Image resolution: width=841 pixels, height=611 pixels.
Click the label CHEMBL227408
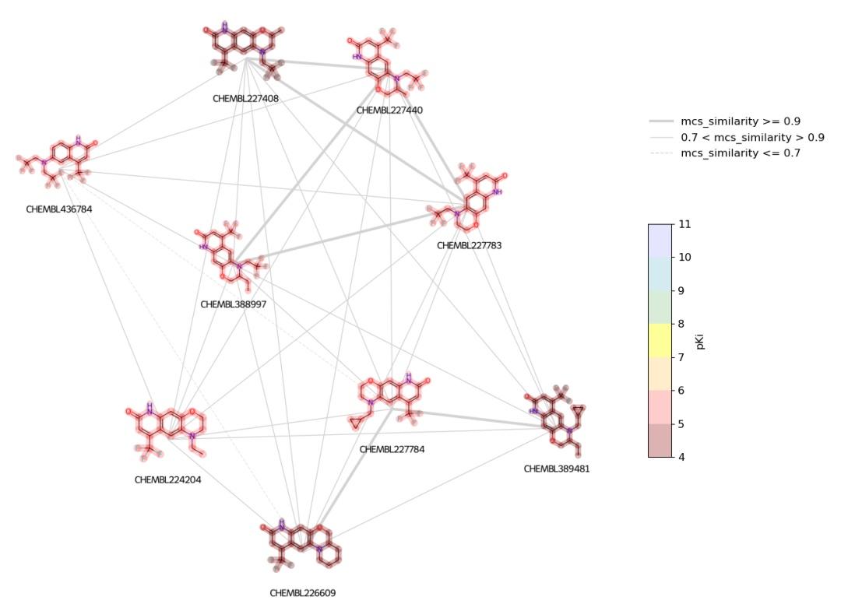click(x=245, y=99)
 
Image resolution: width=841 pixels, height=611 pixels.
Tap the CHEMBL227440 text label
click(x=389, y=111)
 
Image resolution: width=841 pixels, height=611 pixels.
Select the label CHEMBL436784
click(x=58, y=209)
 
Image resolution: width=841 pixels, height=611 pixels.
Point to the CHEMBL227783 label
click(x=469, y=245)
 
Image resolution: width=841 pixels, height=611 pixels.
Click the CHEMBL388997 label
click(x=233, y=304)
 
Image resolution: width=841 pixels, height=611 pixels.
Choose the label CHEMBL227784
click(x=392, y=449)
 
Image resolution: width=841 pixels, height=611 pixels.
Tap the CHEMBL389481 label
click(x=556, y=469)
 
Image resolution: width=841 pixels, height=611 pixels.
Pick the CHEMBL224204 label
click(x=167, y=479)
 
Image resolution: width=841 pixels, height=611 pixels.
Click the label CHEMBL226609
click(x=303, y=592)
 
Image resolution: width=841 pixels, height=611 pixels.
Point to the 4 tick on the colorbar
click(x=685, y=457)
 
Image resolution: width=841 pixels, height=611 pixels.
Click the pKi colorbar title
click(x=701, y=340)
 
